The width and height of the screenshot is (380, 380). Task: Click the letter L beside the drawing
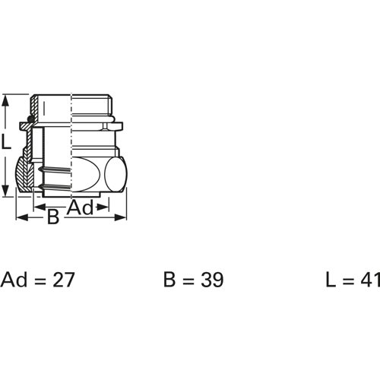pyautogui.click(x=7, y=141)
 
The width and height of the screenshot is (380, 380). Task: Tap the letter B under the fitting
pyautogui.click(x=53, y=218)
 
